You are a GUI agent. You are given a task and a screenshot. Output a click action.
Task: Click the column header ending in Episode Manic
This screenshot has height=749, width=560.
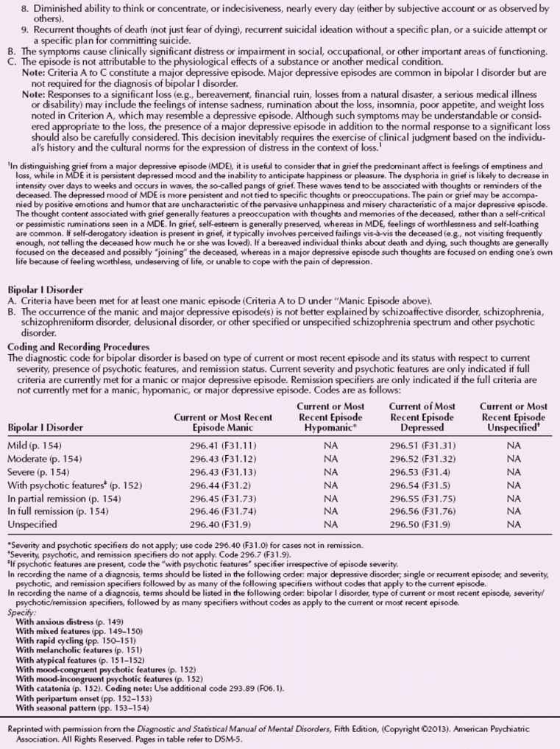click(x=223, y=422)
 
